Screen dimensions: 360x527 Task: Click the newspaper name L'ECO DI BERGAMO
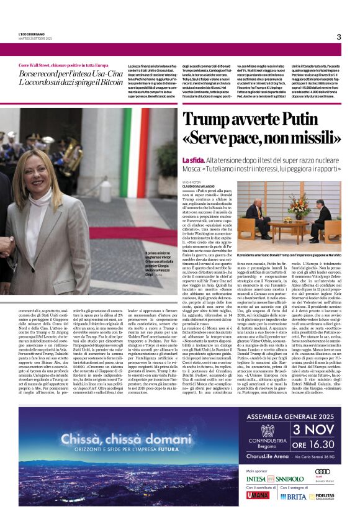pyautogui.click(x=31, y=34)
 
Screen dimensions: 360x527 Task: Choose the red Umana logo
pyautogui.click(x=258, y=495)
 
